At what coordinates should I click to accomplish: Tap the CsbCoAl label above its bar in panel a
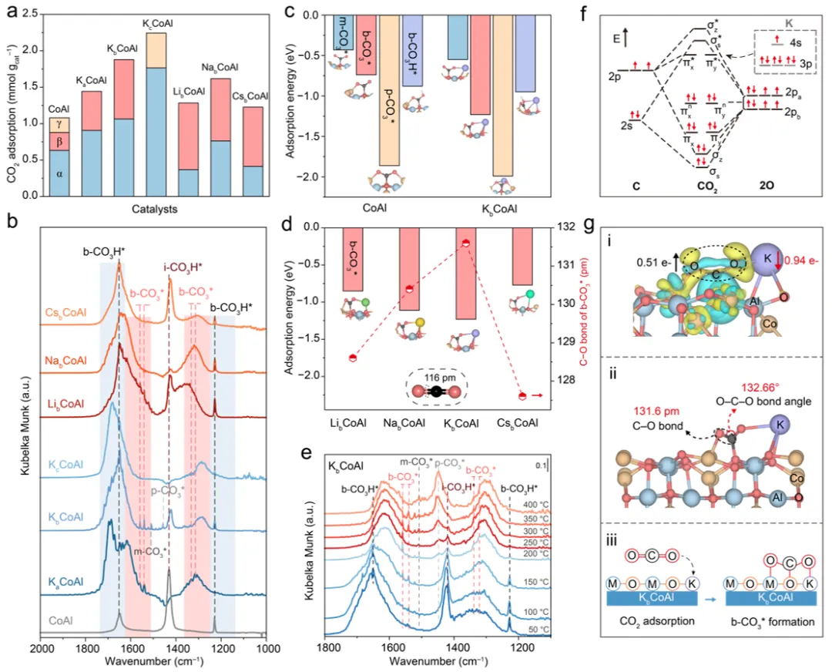[x=251, y=97]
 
